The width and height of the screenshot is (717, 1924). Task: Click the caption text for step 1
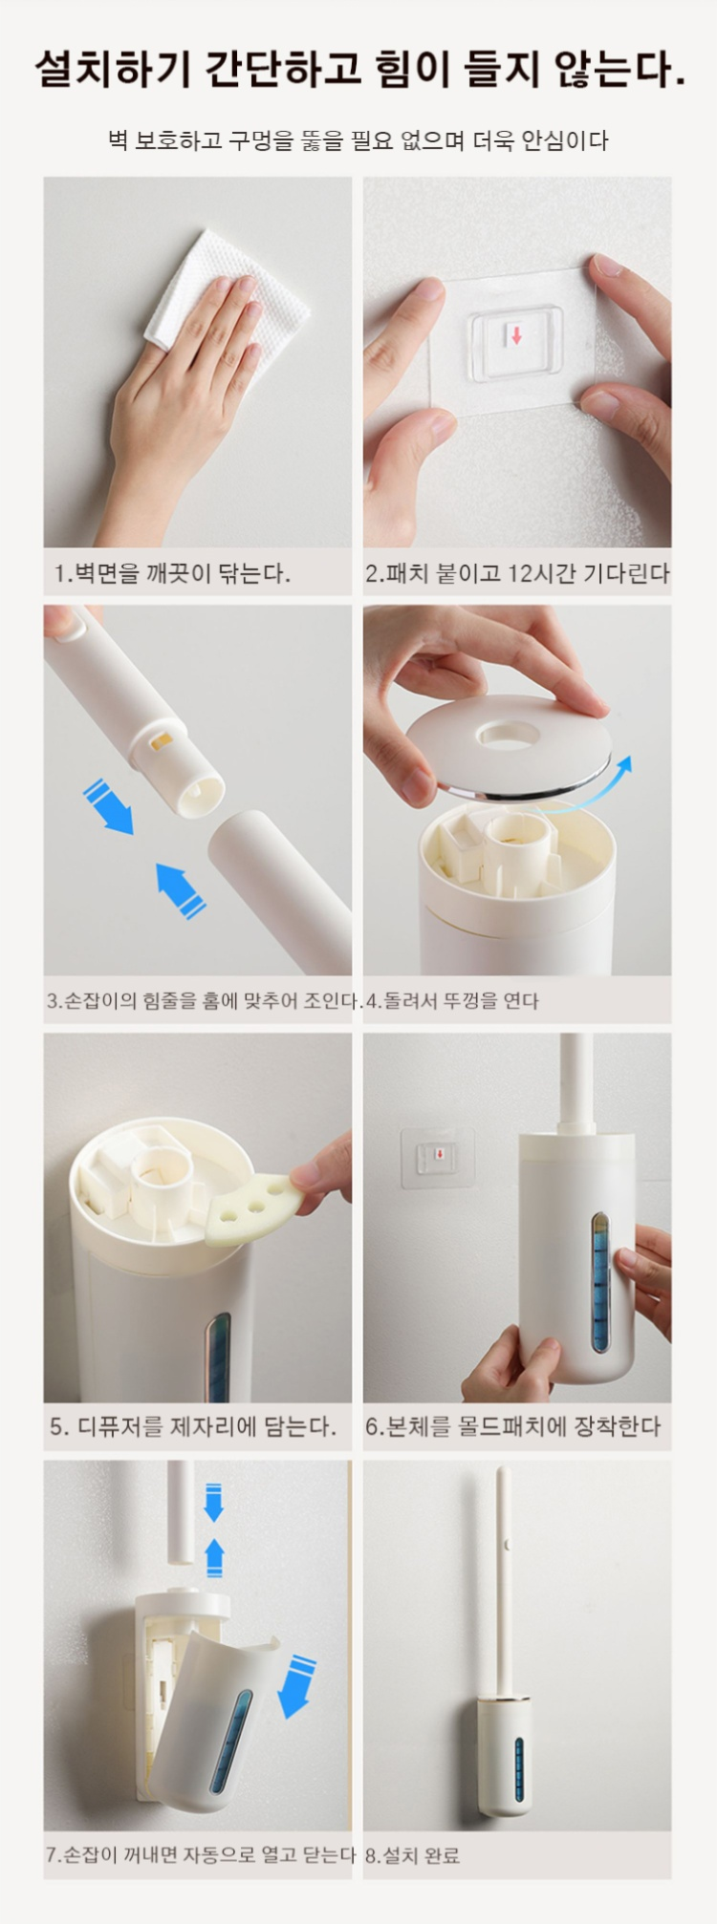172,573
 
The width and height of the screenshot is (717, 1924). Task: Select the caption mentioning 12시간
517,573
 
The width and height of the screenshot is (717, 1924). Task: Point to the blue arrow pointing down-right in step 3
107,806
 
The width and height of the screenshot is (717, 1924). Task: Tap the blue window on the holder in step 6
599,1282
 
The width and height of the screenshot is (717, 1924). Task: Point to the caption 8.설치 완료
412,1856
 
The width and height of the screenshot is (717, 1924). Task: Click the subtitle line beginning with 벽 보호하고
358,140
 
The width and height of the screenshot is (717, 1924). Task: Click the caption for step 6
513,1427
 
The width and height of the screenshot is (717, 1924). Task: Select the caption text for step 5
193,1427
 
